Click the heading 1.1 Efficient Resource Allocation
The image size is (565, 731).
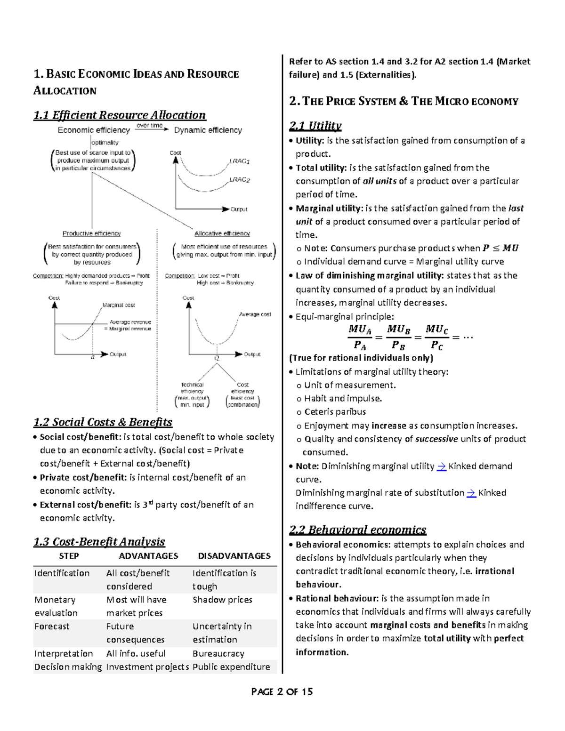click(120, 115)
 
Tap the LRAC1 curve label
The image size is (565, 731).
click(240, 161)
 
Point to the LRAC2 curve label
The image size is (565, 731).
click(240, 180)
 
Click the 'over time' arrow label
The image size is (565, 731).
click(150, 126)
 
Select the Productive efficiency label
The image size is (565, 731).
click(92, 233)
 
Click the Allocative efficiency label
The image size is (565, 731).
click(222, 233)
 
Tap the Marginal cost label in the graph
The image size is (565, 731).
click(119, 305)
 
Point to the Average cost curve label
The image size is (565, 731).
click(255, 314)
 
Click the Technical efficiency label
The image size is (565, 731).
click(192, 388)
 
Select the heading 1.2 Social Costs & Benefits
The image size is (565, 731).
click(103, 422)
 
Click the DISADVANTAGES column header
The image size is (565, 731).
click(234, 556)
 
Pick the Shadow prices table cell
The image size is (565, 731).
click(222, 600)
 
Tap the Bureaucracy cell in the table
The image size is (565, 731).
click(218, 653)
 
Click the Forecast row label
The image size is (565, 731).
click(52, 627)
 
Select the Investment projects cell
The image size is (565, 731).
click(147, 667)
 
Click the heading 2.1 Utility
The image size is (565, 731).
click(315, 126)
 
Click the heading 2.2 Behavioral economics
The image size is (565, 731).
click(357, 530)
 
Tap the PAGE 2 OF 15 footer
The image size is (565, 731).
click(282, 691)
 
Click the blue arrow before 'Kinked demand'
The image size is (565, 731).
click(442, 466)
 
